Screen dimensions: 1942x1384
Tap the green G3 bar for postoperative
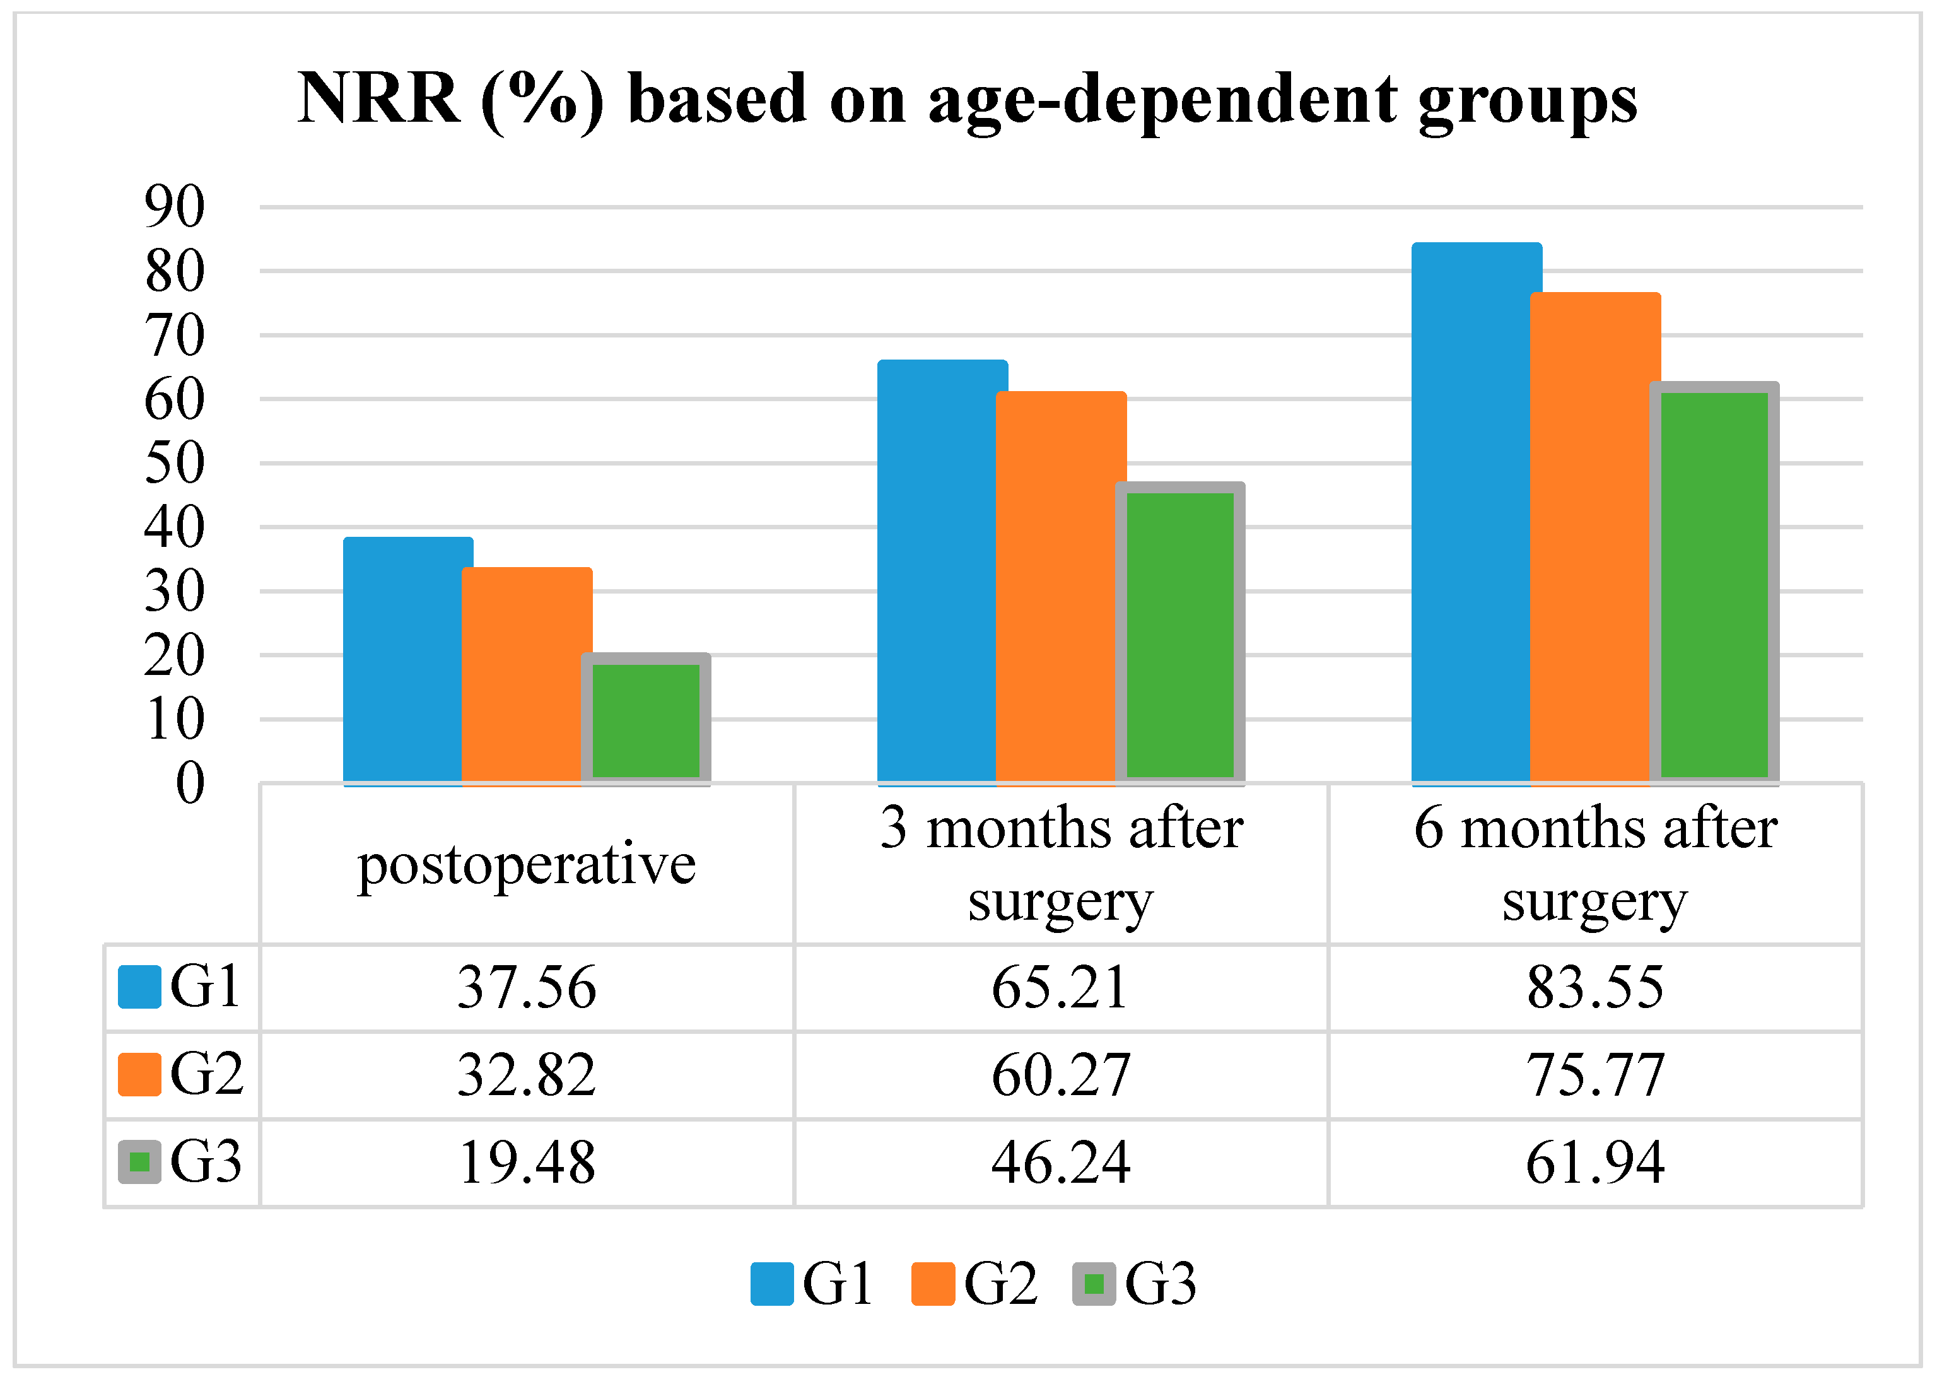[646, 718]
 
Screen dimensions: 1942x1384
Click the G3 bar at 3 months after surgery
[1180, 633]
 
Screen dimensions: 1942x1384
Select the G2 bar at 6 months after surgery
[1595, 539]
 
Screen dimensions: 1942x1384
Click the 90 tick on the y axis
[175, 206]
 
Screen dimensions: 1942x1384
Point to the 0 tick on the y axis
[190, 783]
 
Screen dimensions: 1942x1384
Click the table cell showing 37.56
[527, 988]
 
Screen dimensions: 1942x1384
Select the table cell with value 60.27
[1061, 1076]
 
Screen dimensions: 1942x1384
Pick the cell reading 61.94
[1595, 1163]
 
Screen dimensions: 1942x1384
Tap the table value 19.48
[527, 1163]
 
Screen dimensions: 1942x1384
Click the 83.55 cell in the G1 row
[1595, 988]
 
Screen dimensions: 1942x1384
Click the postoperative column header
[527, 866]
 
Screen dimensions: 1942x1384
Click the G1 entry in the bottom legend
[812, 1284]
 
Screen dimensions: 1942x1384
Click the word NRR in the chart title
[378, 99]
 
